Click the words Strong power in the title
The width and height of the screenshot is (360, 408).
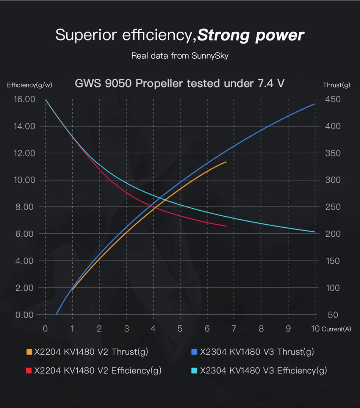pyautogui.click(x=250, y=35)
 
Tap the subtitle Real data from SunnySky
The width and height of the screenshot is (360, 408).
pyautogui.click(x=180, y=56)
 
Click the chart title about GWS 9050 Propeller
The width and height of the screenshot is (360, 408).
pyautogui.click(x=180, y=83)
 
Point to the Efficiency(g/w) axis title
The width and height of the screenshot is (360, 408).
pyautogui.click(x=30, y=85)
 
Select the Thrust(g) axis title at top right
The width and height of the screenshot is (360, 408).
pyautogui.click(x=336, y=85)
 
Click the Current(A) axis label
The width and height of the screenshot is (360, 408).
pyautogui.click(x=337, y=329)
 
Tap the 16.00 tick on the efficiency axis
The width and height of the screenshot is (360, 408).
pyautogui.click(x=24, y=99)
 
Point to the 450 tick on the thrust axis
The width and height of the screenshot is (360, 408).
pyautogui.click(x=333, y=99)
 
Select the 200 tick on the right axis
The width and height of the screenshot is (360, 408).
pyautogui.click(x=333, y=234)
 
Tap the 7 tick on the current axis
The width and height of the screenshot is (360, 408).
pyautogui.click(x=234, y=328)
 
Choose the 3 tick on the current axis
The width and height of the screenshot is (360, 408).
pyautogui.click(x=126, y=328)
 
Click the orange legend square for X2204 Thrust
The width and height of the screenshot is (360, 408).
pyautogui.click(x=29, y=352)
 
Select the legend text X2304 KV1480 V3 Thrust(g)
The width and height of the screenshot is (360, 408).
pyautogui.click(x=257, y=352)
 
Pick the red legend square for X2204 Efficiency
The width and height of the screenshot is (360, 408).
pyautogui.click(x=29, y=370)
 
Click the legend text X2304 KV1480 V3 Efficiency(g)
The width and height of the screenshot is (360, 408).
pyautogui.click(x=263, y=370)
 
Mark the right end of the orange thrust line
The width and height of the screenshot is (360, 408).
pyautogui.click(x=226, y=162)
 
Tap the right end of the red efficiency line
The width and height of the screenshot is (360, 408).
pyautogui.click(x=226, y=226)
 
